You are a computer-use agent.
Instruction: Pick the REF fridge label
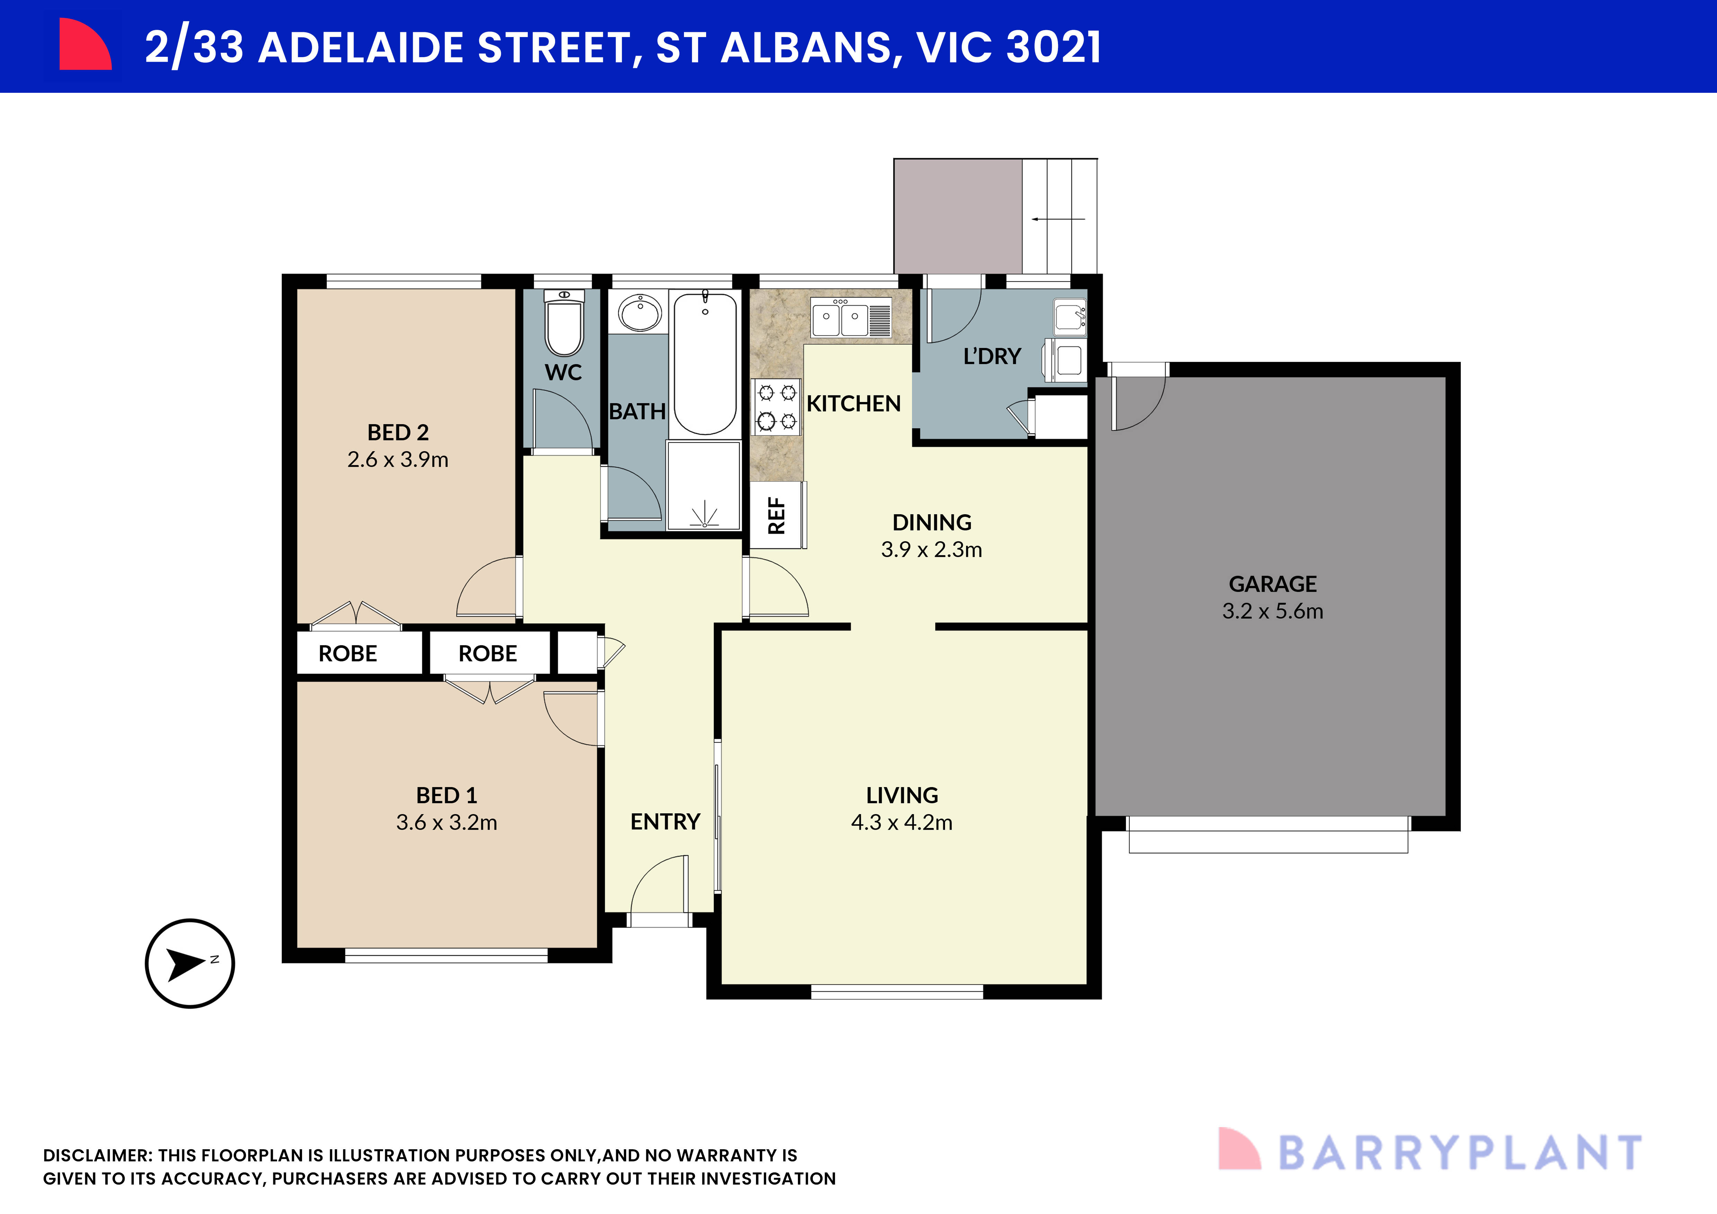pos(777,516)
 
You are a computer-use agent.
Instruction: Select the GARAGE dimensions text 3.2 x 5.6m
pos(1272,612)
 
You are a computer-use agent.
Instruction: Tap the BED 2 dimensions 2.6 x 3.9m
pos(398,460)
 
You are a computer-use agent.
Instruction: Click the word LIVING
pos(902,795)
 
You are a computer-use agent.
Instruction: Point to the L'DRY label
pos(991,357)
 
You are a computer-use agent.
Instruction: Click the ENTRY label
pos(665,822)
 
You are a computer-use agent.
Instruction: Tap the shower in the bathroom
pos(703,486)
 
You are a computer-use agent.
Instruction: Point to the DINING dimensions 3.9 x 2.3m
pos(931,550)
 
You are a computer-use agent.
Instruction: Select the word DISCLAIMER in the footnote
pos(97,1156)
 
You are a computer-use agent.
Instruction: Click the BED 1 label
pos(446,795)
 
